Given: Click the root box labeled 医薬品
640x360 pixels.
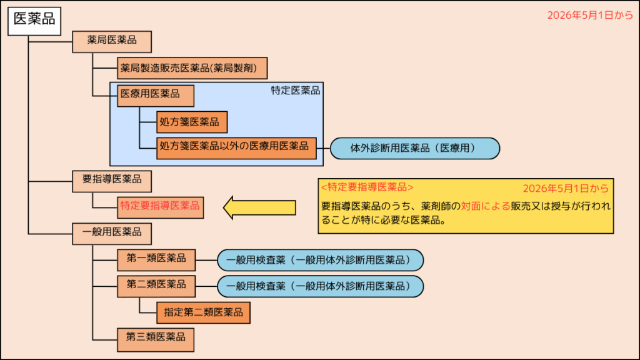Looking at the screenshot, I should click(34, 19).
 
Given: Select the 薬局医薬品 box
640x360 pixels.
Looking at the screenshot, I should click(112, 41).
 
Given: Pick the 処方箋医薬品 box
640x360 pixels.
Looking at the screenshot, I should click(192, 122).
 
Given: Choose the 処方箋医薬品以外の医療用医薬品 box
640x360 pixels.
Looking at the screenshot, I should click(237, 147).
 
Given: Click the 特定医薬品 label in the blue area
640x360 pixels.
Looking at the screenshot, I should click(295, 91).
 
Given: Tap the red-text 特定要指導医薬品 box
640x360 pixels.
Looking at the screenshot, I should click(161, 206).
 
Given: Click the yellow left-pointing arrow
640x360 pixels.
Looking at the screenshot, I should click(259, 207).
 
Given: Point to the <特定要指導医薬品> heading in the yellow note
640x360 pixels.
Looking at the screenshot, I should click(366, 187).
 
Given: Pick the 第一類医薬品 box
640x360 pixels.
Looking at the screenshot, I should click(156, 259).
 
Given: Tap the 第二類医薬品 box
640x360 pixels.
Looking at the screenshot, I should click(156, 285).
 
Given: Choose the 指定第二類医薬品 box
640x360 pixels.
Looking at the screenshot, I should click(203, 311).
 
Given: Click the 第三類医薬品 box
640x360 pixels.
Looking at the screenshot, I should click(156, 337).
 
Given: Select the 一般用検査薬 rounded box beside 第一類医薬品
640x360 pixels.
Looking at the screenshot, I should click(321, 259).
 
